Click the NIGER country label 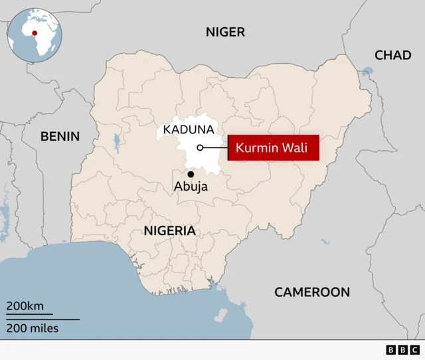[225, 32]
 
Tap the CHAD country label [392, 55]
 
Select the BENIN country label [60, 136]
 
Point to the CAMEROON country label [311, 292]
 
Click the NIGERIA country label [170, 230]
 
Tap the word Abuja [191, 187]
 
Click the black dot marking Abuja [191, 174]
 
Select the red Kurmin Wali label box [274, 147]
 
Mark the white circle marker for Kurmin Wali [200, 147]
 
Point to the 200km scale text [25, 306]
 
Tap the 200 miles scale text [33, 328]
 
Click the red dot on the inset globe [34, 31]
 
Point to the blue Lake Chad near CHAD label [367, 70]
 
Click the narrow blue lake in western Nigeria [117, 141]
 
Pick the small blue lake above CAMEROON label [325, 242]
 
